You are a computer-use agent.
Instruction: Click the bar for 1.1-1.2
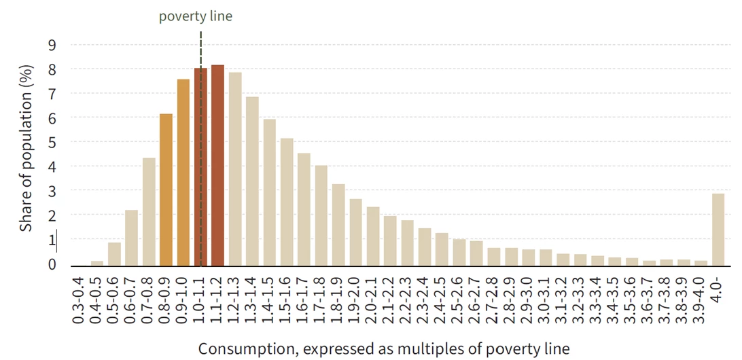217,165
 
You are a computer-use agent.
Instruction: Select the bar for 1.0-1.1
200,166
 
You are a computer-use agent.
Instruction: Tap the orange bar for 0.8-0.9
166,190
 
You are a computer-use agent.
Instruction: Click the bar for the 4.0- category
718,230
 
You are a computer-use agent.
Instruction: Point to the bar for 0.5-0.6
115,254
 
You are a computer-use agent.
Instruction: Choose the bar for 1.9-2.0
355,232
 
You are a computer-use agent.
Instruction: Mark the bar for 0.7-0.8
149,211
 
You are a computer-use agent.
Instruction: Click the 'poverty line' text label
196,16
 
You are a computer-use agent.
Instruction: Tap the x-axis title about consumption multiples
384,348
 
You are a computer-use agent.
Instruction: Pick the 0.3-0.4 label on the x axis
80,299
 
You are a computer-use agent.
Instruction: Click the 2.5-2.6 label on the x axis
459,299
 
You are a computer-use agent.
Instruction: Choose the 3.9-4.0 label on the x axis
700,299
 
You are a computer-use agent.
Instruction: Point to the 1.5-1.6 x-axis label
287,299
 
